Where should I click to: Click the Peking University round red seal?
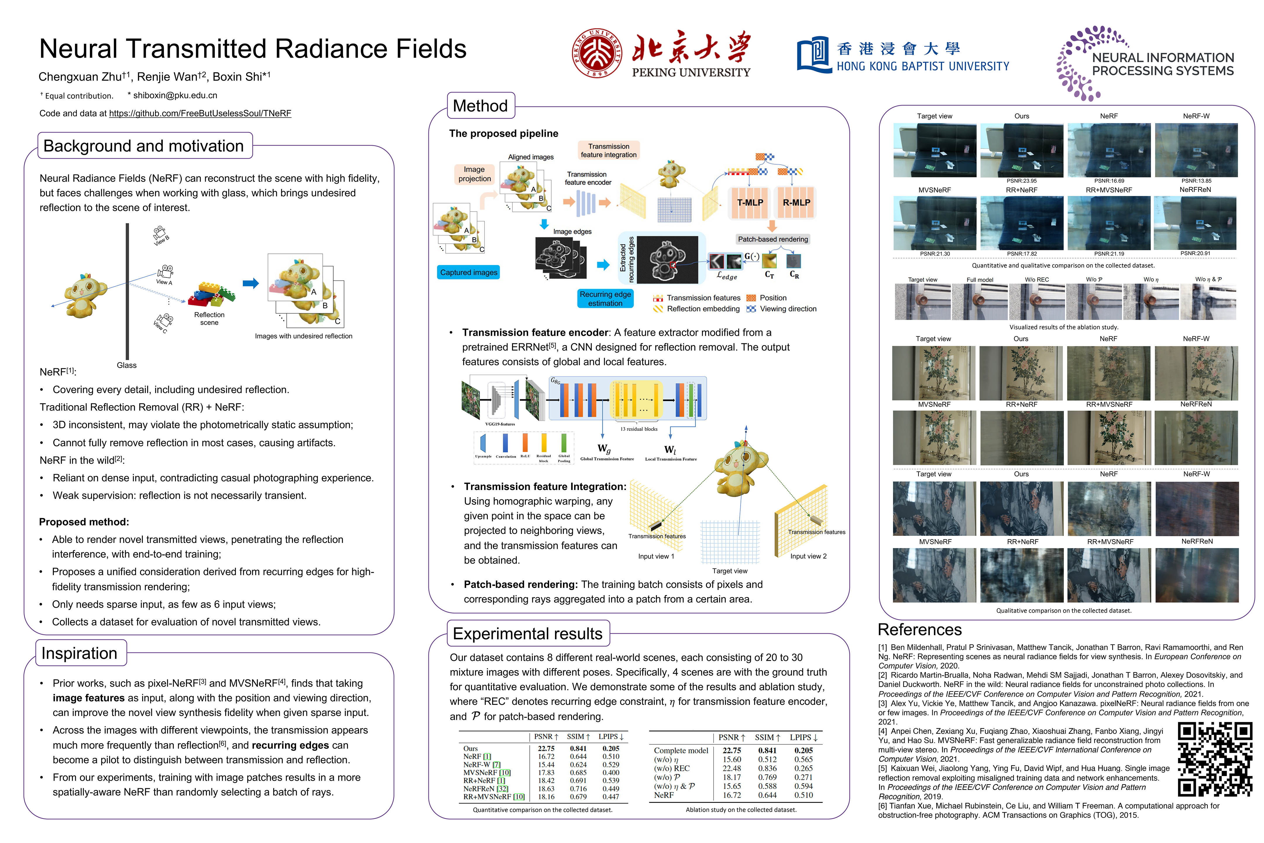tap(597, 53)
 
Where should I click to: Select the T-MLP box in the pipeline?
tap(750, 203)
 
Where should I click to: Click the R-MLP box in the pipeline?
tap(796, 203)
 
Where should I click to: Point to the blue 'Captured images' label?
tap(469, 273)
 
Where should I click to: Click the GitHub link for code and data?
tap(200, 114)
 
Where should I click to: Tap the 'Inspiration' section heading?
tap(80, 653)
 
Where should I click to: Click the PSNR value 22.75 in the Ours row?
tap(546, 748)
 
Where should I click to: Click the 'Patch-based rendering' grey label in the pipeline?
tap(773, 239)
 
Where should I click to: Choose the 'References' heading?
tap(920, 630)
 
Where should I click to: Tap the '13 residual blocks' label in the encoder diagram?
tap(638, 429)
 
